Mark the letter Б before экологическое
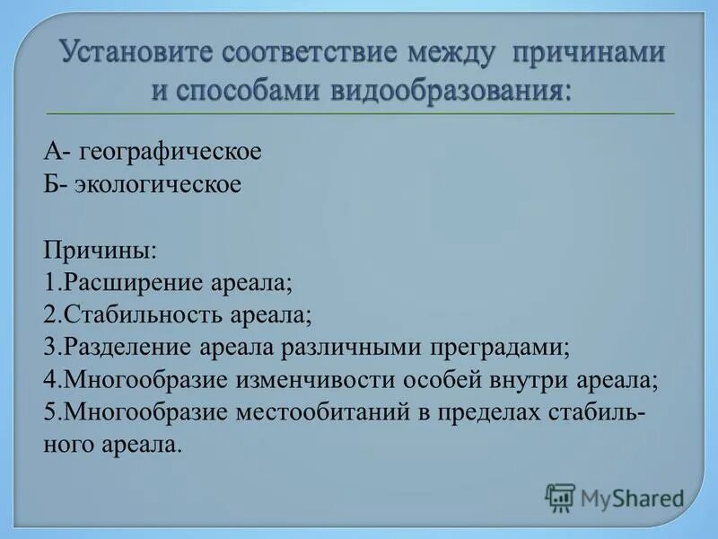pos(50,184)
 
